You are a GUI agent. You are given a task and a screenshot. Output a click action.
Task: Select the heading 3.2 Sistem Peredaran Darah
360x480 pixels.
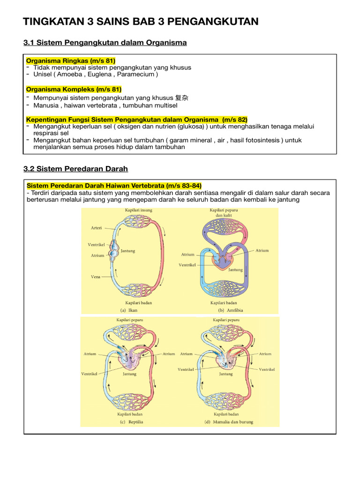pos(75,169)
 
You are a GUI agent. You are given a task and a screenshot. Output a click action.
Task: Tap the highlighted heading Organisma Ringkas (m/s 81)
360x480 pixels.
pos(71,60)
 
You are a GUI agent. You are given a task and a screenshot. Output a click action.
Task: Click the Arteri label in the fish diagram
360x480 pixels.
pos(96,228)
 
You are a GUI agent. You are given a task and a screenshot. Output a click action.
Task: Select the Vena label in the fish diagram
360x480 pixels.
pos(96,277)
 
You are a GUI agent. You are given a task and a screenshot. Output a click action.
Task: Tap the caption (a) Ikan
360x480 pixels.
pos(129,310)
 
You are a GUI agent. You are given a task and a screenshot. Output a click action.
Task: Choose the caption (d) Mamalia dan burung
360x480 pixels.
pos(229,422)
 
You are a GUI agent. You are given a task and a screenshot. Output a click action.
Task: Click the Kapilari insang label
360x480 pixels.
pos(138,210)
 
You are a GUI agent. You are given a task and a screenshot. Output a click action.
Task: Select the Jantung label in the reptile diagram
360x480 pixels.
pos(129,374)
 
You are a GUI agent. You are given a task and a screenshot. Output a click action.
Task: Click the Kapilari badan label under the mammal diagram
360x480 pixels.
pos(226,414)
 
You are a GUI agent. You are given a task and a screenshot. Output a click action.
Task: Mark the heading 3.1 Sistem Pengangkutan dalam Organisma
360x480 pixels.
pos(105,43)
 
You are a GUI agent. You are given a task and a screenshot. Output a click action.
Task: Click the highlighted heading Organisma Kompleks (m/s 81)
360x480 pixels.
pos(74,89)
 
